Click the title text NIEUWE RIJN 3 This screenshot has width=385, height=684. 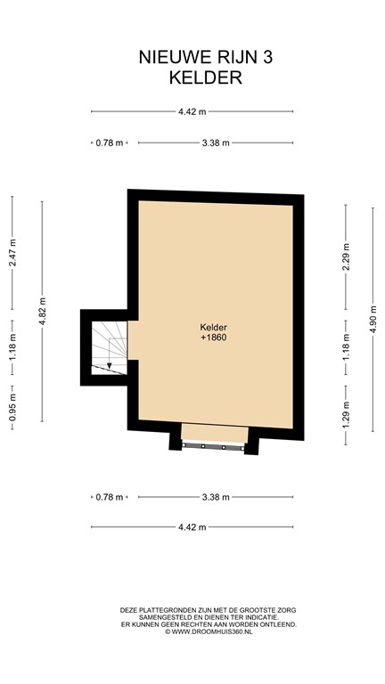coord(205,58)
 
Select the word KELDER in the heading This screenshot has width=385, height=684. coord(205,77)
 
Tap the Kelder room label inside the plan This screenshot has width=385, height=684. coord(214,327)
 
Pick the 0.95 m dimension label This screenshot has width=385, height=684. coord(12,405)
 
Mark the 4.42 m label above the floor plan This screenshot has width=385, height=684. coord(192,111)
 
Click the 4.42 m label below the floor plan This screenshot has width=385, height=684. coord(192,527)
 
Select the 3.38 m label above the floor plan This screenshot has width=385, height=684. coord(216,142)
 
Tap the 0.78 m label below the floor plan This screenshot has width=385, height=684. coord(109,497)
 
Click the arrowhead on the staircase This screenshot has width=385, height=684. coord(109,365)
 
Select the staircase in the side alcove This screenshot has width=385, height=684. coord(108,347)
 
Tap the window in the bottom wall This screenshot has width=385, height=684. coord(214,444)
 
